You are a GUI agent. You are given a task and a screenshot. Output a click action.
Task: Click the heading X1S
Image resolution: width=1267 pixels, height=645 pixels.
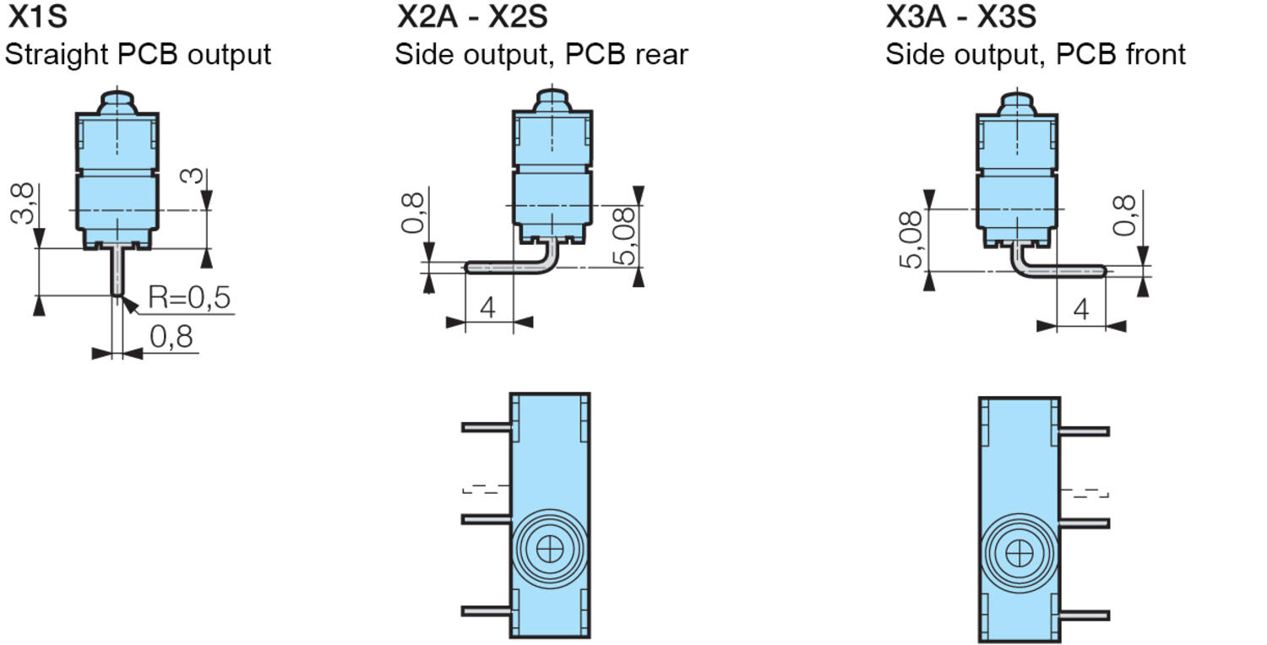tap(37, 16)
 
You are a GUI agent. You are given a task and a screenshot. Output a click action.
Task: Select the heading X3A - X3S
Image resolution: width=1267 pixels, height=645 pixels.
tap(961, 16)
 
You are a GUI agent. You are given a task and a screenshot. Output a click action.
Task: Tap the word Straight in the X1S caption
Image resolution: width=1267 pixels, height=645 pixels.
tap(57, 55)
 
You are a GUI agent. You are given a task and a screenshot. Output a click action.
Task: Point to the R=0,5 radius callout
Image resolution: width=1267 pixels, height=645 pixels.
tap(189, 298)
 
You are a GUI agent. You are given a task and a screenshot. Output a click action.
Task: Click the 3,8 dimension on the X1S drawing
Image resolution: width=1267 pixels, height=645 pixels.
tap(24, 204)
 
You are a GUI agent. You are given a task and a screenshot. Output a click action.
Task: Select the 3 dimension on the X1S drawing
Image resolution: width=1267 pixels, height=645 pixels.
tap(193, 176)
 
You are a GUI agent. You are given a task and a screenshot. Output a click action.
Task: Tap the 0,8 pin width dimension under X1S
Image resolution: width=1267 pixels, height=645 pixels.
tap(171, 338)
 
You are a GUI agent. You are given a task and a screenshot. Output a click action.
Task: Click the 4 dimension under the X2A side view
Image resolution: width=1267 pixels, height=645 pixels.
tap(487, 308)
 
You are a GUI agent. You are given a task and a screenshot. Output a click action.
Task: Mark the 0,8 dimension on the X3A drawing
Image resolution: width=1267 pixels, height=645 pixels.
tap(1124, 216)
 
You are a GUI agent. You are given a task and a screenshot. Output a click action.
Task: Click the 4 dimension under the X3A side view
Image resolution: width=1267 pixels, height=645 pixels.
tap(1081, 311)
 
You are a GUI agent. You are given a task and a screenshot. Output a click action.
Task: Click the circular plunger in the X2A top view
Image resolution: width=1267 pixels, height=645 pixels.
tap(550, 549)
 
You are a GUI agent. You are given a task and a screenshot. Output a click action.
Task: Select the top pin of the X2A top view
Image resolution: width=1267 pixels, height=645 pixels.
tap(486, 427)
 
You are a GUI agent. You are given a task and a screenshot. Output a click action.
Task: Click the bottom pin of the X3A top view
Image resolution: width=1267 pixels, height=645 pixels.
tap(1085, 615)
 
